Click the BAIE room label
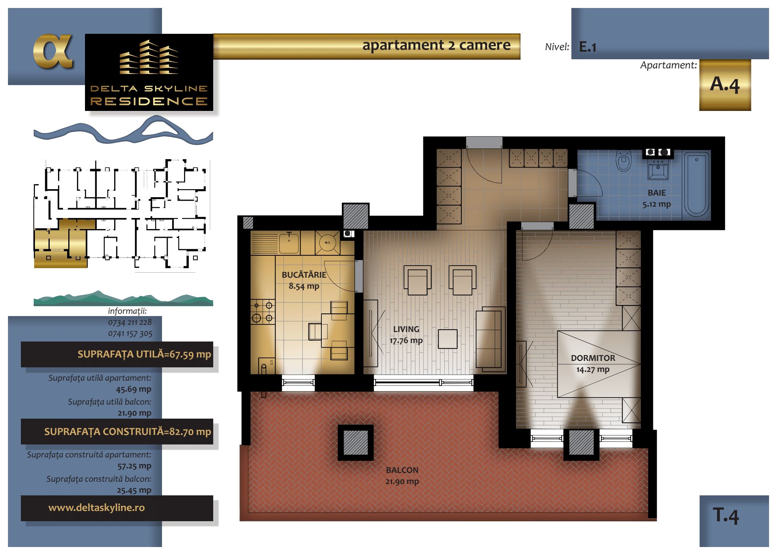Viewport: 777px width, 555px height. [x=657, y=193]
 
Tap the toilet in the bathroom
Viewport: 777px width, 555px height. [x=623, y=161]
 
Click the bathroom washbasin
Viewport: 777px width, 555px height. [x=658, y=169]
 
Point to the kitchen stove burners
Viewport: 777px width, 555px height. [x=263, y=311]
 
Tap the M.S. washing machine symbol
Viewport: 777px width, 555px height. [x=327, y=242]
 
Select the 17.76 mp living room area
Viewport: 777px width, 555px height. [x=406, y=340]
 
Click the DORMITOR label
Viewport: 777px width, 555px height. [x=593, y=358]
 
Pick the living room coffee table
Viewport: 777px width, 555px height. [x=448, y=339]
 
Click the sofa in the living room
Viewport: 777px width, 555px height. [x=491, y=339]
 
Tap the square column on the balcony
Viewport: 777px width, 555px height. [x=355, y=443]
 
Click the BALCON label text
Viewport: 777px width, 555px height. [x=402, y=470]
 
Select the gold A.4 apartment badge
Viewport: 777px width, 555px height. [x=725, y=85]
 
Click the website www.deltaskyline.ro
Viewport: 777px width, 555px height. [x=96, y=508]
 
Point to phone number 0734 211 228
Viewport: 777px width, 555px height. [x=130, y=322]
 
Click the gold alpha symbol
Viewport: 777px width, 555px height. [x=53, y=52]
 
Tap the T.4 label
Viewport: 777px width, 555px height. [x=726, y=515]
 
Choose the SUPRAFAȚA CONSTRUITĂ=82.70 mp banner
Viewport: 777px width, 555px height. [x=117, y=432]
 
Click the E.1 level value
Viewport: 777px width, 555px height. [x=588, y=47]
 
